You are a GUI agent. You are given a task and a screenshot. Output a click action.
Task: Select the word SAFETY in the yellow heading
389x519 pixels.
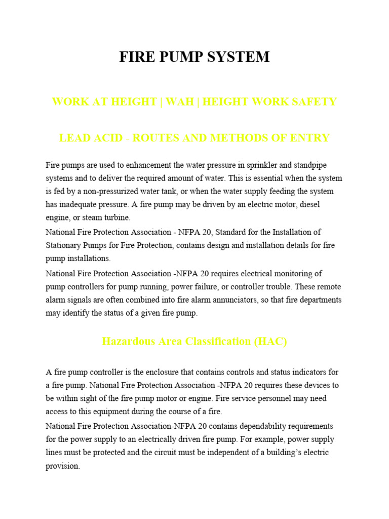click(x=311, y=101)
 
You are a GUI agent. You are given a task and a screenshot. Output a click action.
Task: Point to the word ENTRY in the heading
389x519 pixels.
click(x=309, y=137)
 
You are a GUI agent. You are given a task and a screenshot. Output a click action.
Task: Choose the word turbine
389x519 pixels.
click(x=115, y=218)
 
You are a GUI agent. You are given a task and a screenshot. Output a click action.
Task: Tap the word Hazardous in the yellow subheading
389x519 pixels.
click(x=126, y=341)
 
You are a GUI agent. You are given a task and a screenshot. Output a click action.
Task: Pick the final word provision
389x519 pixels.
click(x=63, y=466)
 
